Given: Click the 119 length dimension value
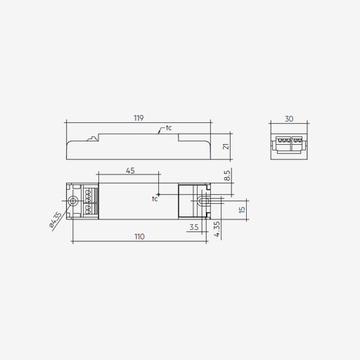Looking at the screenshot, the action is (x=139, y=118).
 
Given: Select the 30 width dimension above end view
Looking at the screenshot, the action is (x=289, y=119).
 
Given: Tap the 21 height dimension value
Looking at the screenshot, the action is (x=226, y=146).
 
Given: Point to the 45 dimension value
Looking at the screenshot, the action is (x=130, y=171).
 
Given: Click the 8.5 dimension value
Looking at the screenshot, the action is (x=227, y=175).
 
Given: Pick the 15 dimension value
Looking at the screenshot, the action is (x=242, y=210).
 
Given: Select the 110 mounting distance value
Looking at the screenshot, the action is (x=139, y=236).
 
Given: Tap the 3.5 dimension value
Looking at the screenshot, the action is (x=194, y=227).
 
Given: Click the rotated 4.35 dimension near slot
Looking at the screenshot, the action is (x=217, y=229).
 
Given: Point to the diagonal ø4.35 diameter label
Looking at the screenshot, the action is (x=56, y=220).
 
